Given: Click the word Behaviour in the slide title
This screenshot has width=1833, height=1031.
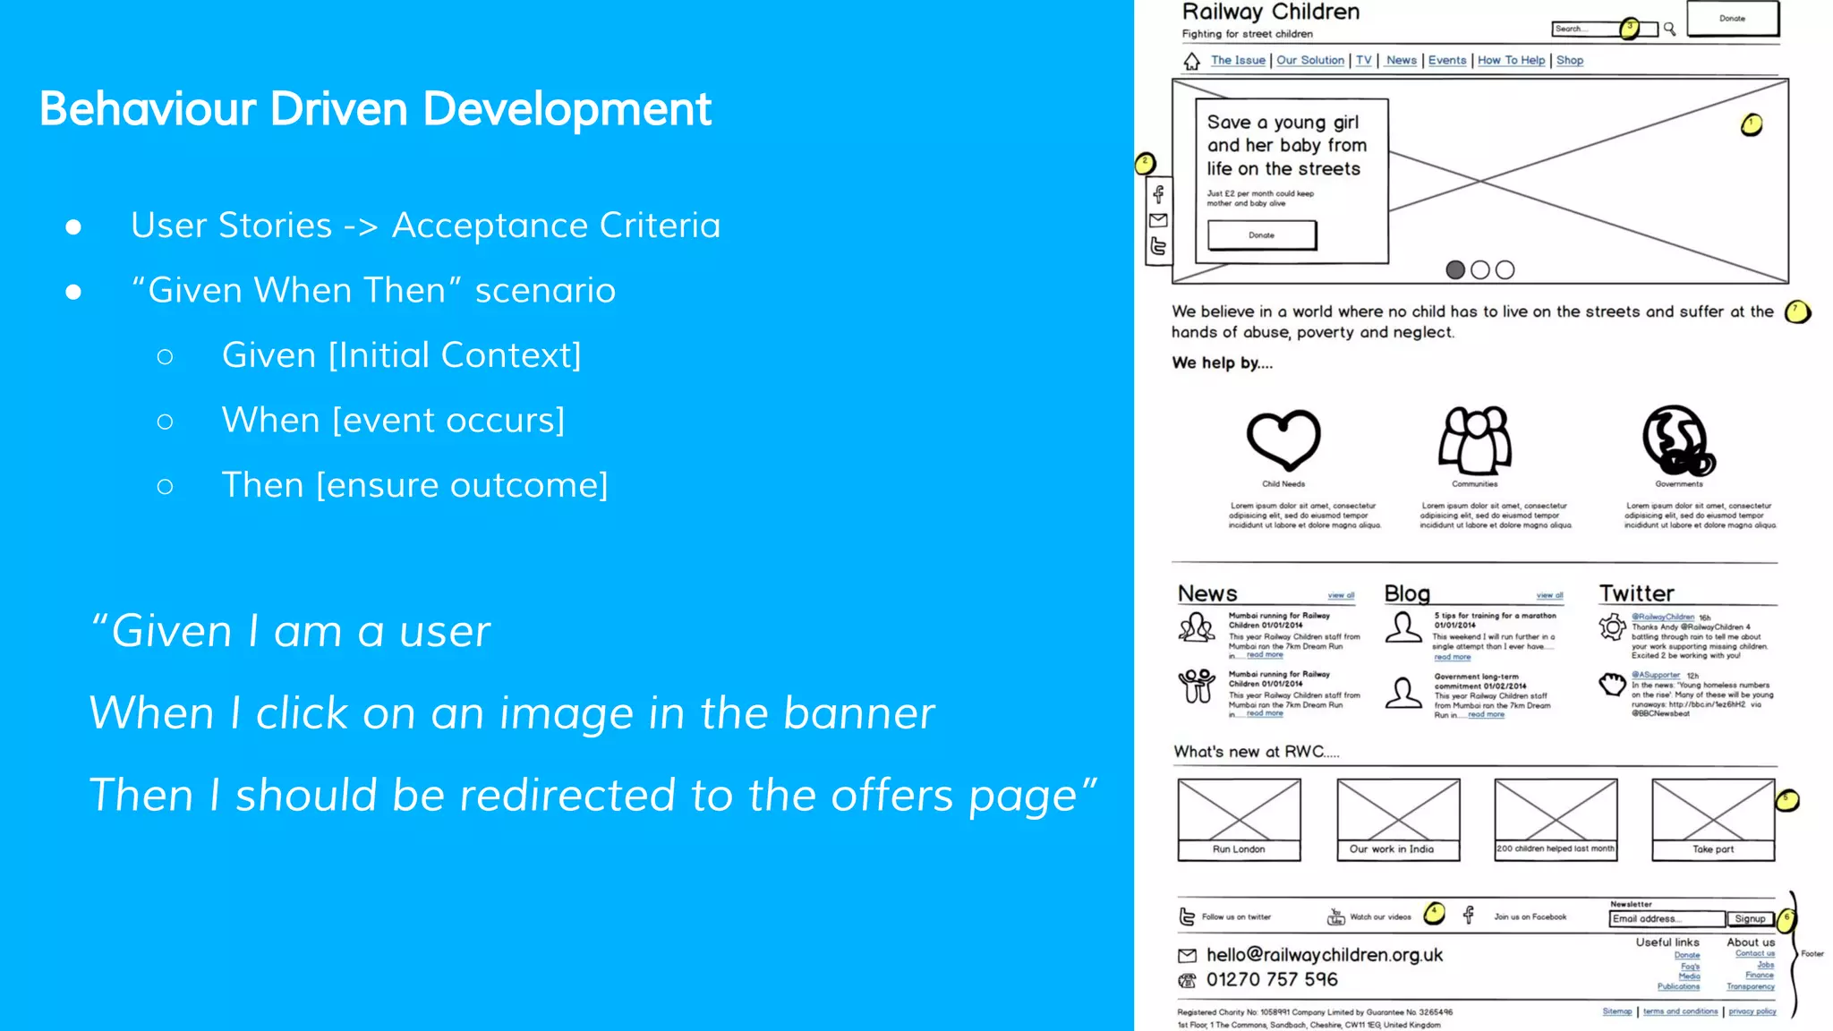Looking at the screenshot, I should click(149, 109).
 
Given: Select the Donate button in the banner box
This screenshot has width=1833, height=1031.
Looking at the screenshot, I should click(1262, 235).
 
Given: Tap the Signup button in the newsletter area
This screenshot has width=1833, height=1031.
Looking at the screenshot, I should click(1750, 919).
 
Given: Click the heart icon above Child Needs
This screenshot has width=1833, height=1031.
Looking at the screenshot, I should click(1283, 439).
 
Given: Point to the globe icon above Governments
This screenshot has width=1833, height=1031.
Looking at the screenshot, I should click(1678, 440).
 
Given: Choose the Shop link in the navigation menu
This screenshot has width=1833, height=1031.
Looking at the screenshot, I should click(1570, 60).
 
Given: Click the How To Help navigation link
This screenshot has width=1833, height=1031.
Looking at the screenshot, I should click(1511, 60).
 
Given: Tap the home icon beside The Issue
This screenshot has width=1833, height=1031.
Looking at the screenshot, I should click(1191, 61).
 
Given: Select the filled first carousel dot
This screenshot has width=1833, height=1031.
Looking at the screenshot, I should click(1455, 269).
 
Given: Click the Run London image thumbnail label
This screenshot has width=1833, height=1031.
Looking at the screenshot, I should click(1239, 849).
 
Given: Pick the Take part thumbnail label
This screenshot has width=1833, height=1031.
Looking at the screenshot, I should click(1713, 849).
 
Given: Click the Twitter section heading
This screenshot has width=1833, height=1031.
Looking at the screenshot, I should click(1636, 593).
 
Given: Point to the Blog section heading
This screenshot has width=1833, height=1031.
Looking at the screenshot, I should click(1407, 593).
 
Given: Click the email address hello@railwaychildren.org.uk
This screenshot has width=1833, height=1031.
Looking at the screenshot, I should click(1325, 955).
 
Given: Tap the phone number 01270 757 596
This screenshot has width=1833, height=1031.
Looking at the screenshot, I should click(1272, 980).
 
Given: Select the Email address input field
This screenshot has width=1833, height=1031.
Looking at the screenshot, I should click(1667, 919).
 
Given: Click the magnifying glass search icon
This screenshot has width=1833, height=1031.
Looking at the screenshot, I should click(1669, 30).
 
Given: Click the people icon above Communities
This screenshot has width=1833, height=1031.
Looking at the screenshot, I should click(1475, 439).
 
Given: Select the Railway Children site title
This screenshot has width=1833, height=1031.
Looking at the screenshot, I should click(1271, 13).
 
